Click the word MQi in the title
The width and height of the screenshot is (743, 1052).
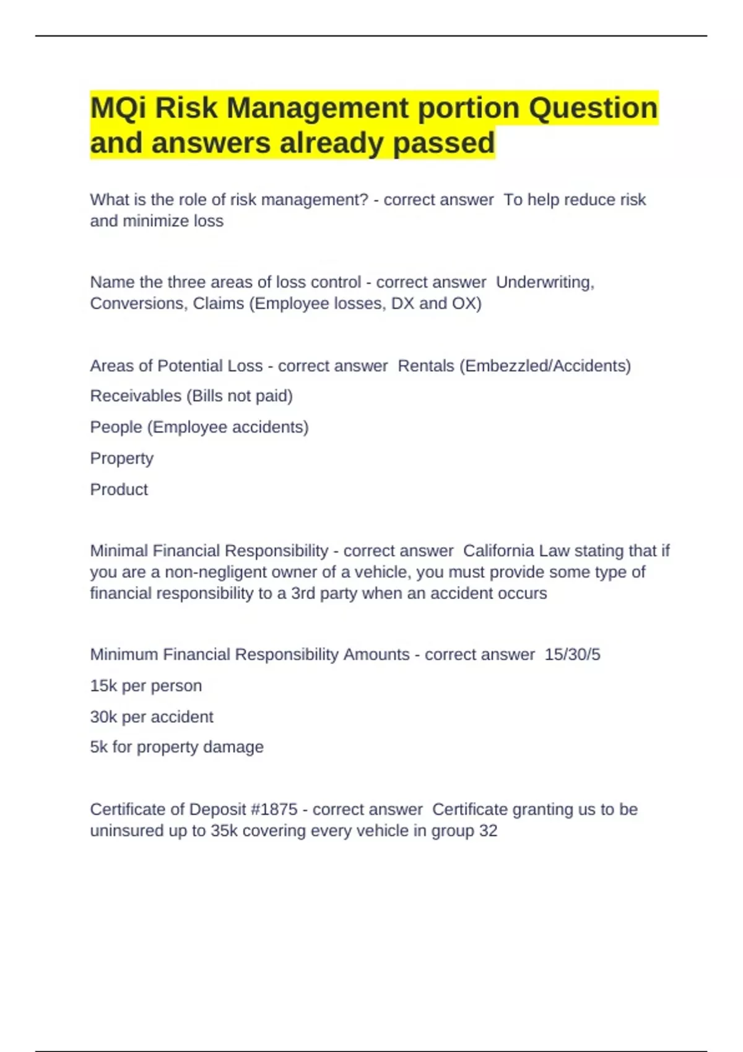118,108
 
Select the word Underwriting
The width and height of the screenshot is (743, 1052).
544,282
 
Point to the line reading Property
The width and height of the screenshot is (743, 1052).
121,459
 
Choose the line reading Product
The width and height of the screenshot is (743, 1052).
119,489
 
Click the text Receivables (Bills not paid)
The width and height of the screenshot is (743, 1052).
191,396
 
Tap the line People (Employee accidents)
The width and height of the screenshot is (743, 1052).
199,427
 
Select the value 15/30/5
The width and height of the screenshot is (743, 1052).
572,655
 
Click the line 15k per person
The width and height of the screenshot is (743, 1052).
146,686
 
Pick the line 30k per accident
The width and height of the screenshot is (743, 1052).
152,717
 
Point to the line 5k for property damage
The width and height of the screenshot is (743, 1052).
176,747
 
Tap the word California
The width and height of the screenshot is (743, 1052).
498,551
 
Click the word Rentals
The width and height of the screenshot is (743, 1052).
425,366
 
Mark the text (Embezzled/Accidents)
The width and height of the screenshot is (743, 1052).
545,366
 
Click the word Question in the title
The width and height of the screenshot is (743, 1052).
593,108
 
